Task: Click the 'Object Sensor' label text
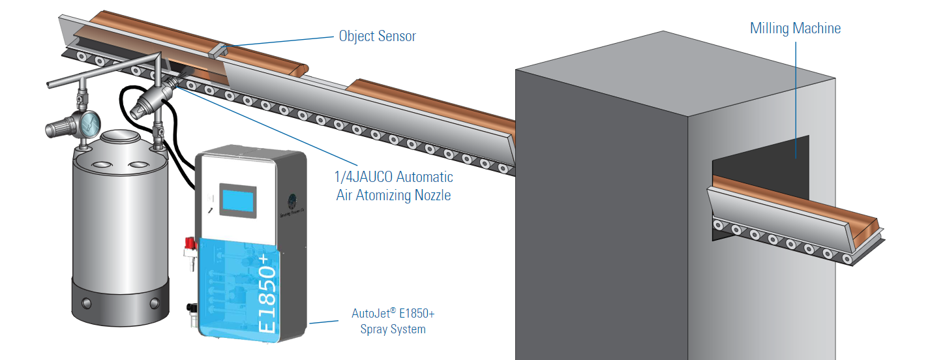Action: [x=377, y=36]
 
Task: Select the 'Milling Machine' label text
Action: [x=795, y=28]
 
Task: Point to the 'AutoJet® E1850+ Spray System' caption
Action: [x=393, y=322]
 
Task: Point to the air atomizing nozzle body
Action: [x=151, y=102]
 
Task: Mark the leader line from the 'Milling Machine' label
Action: [x=795, y=98]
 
